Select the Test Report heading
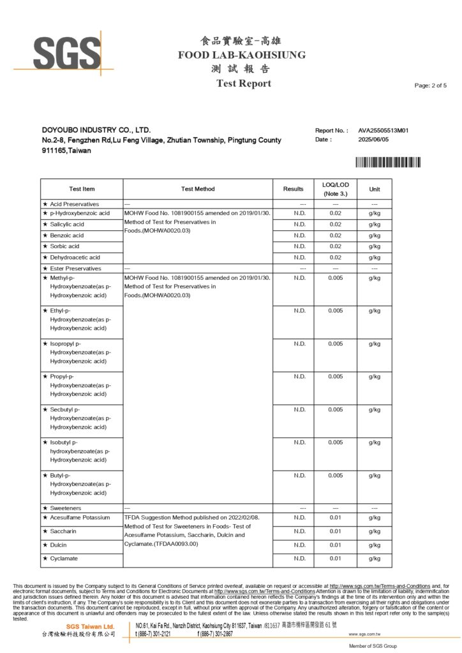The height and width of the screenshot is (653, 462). pos(243,84)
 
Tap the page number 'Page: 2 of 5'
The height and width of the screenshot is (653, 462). pos(431,85)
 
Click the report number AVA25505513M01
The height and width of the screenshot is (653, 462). pos(383,130)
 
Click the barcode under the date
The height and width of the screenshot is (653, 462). pos(387,162)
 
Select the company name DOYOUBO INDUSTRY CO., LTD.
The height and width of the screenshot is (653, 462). pos(96,130)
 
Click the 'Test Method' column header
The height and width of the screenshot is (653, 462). pos(198,189)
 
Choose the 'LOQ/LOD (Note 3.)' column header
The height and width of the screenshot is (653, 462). pos(335,189)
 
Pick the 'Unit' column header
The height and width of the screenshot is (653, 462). pos(375,189)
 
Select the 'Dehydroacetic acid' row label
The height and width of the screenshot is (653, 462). pos(75,257)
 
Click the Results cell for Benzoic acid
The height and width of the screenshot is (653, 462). pos(300,235)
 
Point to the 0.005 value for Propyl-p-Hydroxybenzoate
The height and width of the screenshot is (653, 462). pos(335,377)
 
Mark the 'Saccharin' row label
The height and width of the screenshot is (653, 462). pos(64,531)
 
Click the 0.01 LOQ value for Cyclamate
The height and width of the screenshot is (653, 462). pos(335,559)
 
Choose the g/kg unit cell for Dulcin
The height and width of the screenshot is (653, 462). pos(375,545)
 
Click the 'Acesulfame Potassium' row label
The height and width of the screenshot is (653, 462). pos(80,517)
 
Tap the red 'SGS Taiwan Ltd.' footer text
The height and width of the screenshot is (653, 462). pos(91,627)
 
